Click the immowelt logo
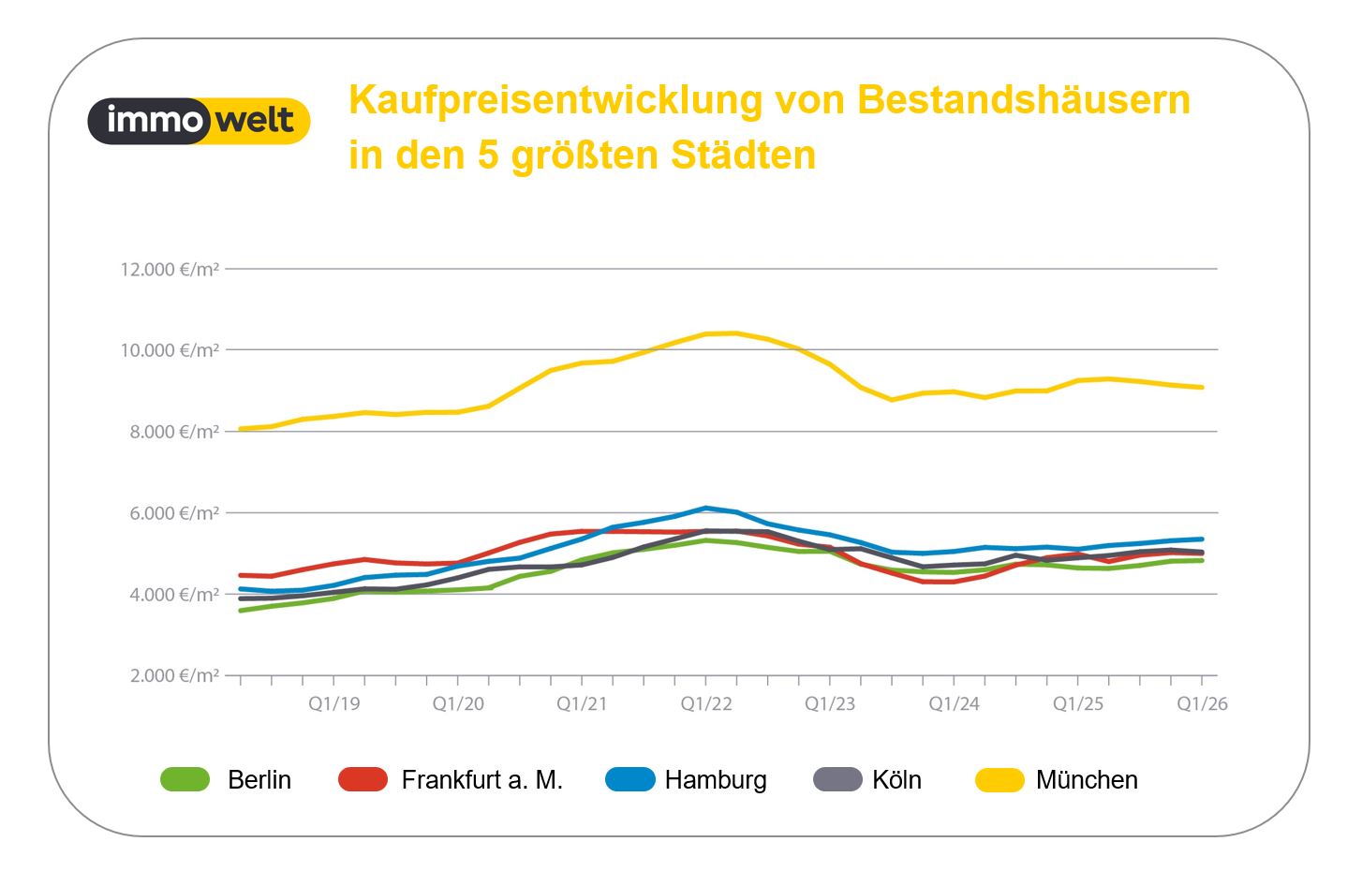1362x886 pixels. [x=199, y=121]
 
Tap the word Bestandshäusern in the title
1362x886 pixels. [x=1023, y=100]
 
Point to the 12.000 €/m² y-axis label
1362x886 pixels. [x=170, y=270]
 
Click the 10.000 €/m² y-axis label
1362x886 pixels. [x=170, y=350]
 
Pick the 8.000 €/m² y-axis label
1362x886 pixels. [x=174, y=432]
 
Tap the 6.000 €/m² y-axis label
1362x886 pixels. [x=174, y=513]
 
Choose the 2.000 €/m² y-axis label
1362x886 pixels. [x=174, y=676]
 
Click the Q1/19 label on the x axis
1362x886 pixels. [x=334, y=704]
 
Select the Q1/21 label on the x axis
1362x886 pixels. [x=582, y=704]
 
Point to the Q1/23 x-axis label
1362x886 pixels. [x=830, y=704]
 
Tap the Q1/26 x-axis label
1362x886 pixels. [x=1202, y=704]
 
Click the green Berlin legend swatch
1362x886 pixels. [x=185, y=779]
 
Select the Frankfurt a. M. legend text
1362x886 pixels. [x=481, y=780]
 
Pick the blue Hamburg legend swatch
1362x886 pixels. [x=630, y=779]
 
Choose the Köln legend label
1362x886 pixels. [x=896, y=780]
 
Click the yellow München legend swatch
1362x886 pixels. [x=1000, y=779]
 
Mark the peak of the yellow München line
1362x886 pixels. [x=736, y=332]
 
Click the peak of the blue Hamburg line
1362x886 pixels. [x=706, y=508]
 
